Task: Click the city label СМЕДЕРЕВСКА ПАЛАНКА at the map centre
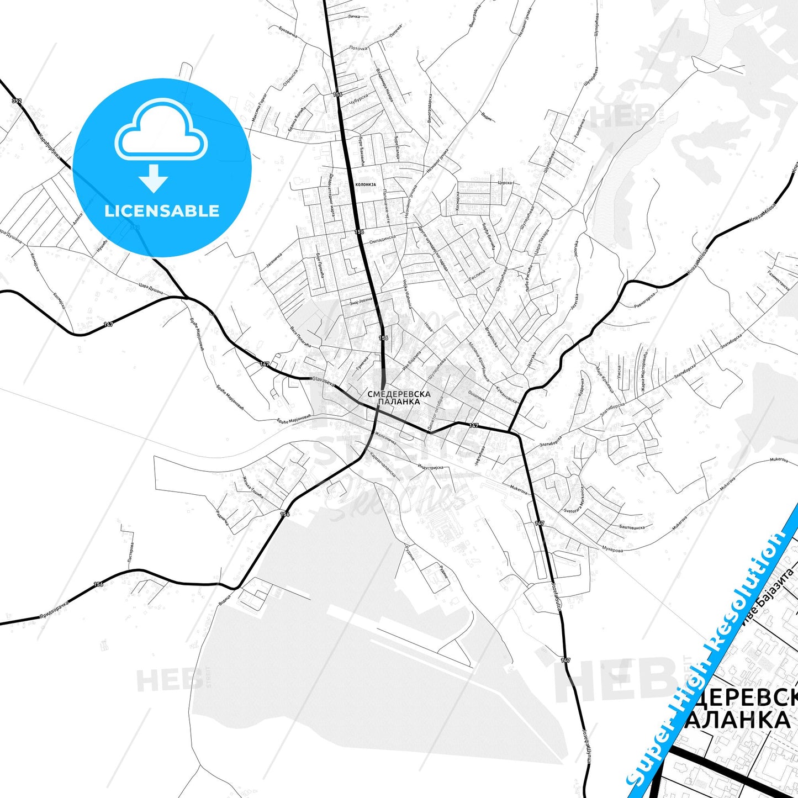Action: coord(399,398)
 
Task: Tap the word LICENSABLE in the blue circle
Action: coord(162,211)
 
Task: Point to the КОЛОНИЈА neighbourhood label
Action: coord(365,184)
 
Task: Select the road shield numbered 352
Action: coord(17,101)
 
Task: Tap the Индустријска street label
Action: coord(431,467)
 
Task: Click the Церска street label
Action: coord(505,182)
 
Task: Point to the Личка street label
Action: coord(354,17)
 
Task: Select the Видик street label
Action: coord(487,116)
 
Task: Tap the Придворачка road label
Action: coord(54,609)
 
